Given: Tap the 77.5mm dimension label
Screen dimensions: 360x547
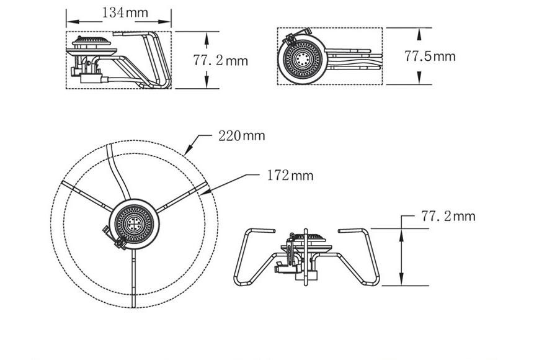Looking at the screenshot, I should point(430,56).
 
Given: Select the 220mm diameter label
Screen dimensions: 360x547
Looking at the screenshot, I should point(241,135).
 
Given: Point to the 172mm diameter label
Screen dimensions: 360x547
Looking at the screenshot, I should point(290,176).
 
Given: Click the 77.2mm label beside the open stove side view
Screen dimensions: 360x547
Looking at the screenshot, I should point(448,216).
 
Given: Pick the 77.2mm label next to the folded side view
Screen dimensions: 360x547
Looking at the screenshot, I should point(220,60).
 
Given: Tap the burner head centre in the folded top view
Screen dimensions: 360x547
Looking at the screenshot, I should point(301,59).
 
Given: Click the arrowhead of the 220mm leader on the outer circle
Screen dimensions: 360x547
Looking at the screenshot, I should point(187,150).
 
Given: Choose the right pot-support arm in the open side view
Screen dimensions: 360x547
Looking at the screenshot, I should point(363,258).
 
